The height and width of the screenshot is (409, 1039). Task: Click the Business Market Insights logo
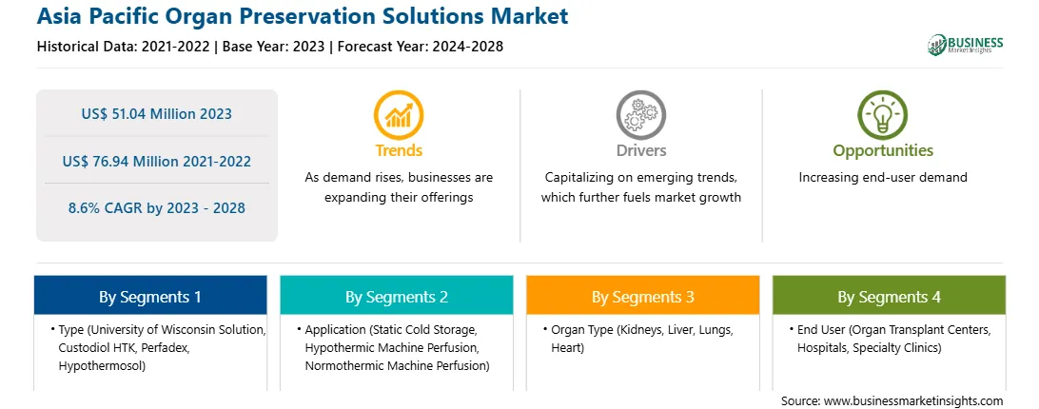966,45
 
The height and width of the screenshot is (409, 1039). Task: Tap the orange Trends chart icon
399,115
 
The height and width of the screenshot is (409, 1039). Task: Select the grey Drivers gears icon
640,115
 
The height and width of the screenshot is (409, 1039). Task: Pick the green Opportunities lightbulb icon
883,115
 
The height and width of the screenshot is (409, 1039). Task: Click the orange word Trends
399,150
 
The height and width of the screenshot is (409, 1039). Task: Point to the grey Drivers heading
640,150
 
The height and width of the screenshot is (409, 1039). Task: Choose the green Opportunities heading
883,151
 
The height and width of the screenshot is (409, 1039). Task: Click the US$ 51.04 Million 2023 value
157,113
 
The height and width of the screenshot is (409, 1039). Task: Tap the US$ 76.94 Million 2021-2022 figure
157,161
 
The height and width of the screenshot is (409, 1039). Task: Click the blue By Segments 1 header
150,297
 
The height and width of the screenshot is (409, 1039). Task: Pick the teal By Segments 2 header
396,297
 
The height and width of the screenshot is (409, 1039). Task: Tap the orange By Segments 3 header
643,297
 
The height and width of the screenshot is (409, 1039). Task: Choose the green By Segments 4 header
890,297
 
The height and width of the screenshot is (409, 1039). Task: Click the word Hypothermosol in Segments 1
102,366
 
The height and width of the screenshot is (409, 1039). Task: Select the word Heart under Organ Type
567,347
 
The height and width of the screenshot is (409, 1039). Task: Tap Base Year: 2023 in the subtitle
274,47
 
